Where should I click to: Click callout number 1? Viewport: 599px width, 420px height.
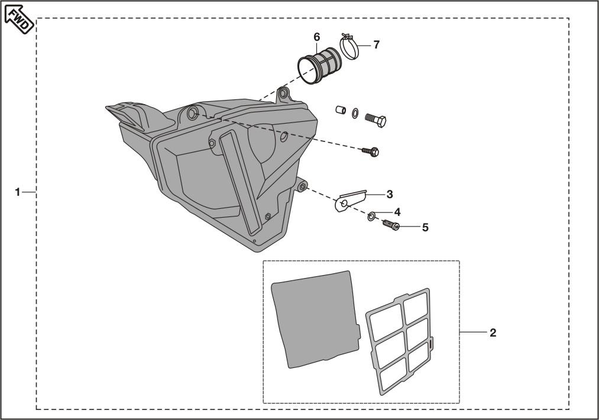click(x=17, y=192)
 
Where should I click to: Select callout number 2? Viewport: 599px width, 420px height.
click(x=493, y=332)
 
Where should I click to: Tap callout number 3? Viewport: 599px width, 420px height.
click(x=389, y=194)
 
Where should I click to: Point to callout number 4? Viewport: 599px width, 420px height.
click(x=397, y=212)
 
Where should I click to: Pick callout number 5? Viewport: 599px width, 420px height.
click(x=425, y=227)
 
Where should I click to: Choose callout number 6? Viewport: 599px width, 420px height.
click(x=317, y=37)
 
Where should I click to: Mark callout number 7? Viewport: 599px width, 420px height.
click(x=376, y=45)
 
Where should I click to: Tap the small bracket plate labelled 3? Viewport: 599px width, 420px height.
click(x=350, y=201)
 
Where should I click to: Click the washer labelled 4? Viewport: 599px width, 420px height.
click(x=371, y=217)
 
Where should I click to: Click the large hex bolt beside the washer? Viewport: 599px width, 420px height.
click(x=375, y=120)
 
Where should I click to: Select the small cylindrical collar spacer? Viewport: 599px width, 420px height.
click(x=341, y=110)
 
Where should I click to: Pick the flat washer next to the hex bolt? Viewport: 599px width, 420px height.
click(x=355, y=114)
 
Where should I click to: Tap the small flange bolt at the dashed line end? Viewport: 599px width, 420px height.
click(x=371, y=151)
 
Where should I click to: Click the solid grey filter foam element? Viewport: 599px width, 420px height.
click(x=316, y=319)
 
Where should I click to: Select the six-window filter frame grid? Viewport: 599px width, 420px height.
click(x=399, y=341)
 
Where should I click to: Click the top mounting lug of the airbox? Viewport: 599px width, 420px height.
click(x=283, y=95)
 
